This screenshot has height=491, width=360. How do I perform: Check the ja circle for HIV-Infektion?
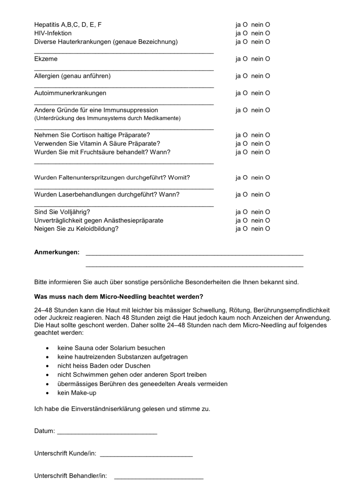click(245, 33)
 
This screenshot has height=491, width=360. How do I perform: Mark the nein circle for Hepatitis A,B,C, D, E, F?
click(268, 25)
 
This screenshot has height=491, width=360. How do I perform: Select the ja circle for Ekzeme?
click(245, 59)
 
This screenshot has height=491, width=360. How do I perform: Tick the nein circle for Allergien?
click(268, 76)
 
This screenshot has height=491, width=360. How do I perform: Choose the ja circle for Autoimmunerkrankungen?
click(245, 93)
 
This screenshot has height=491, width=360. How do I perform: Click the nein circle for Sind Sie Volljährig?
click(268, 212)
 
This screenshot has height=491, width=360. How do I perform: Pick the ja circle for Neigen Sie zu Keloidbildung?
click(245, 229)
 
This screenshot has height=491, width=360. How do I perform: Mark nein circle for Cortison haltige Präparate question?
click(268, 135)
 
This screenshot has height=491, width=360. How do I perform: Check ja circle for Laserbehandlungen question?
click(245, 194)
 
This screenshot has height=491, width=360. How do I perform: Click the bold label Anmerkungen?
click(57, 252)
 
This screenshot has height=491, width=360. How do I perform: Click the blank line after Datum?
click(107, 433)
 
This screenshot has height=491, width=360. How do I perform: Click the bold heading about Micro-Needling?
click(118, 297)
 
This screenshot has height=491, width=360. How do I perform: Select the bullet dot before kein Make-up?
click(47, 393)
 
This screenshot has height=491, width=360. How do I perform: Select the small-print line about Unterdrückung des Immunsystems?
click(107, 118)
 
